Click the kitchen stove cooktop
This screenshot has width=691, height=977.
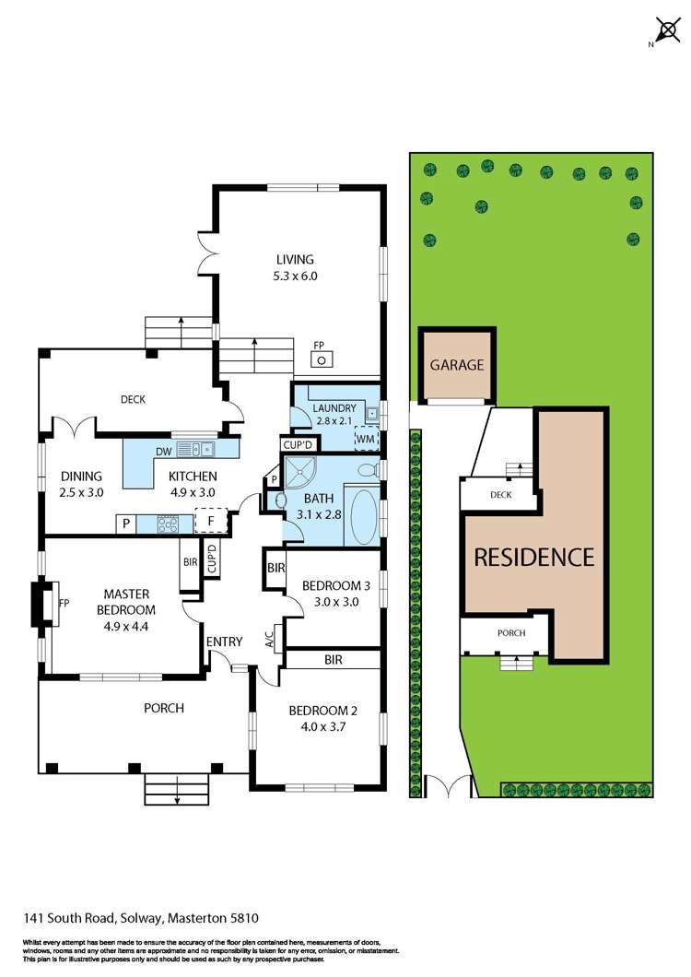tap(170, 524)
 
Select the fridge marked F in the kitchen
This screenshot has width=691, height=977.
tap(211, 523)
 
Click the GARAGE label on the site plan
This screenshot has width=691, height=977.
tap(457, 365)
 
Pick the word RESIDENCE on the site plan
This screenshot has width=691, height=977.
tap(533, 557)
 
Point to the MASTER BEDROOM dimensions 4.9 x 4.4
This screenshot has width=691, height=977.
tap(127, 609)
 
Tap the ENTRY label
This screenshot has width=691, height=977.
tap(224, 642)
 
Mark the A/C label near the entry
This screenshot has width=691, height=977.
tap(269, 638)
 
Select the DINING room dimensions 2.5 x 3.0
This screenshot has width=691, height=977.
tap(82, 492)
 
